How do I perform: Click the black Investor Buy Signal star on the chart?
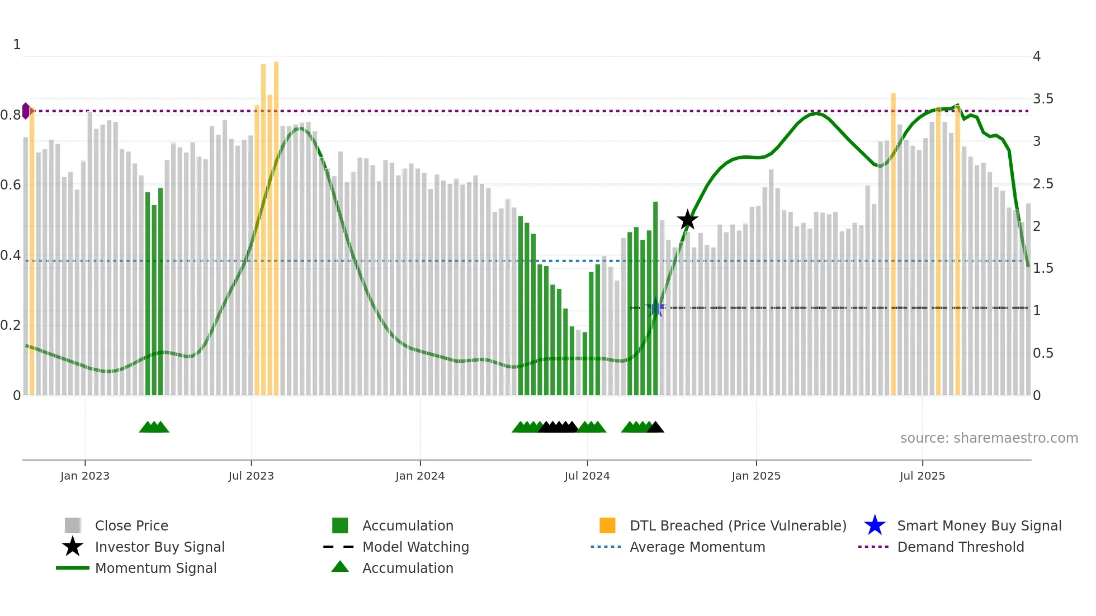[687, 220]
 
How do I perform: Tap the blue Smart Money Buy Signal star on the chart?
[655, 308]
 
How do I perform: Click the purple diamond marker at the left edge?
[26, 111]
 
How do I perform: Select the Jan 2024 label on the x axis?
[420, 476]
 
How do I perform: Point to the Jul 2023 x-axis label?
[251, 476]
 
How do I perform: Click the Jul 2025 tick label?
[922, 476]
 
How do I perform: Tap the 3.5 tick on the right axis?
[1043, 99]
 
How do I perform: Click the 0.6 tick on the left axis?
[10, 185]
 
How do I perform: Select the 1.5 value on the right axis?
[1043, 268]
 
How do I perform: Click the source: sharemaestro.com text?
[989, 438]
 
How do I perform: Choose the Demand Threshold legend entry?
[960, 547]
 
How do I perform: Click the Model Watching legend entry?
[415, 547]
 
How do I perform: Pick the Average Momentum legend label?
[697, 547]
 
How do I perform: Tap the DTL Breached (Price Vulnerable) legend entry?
[738, 525]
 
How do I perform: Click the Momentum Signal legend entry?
[155, 568]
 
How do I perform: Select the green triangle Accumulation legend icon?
[340, 567]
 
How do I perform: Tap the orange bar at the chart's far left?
[32, 252]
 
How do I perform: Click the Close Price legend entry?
[131, 525]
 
